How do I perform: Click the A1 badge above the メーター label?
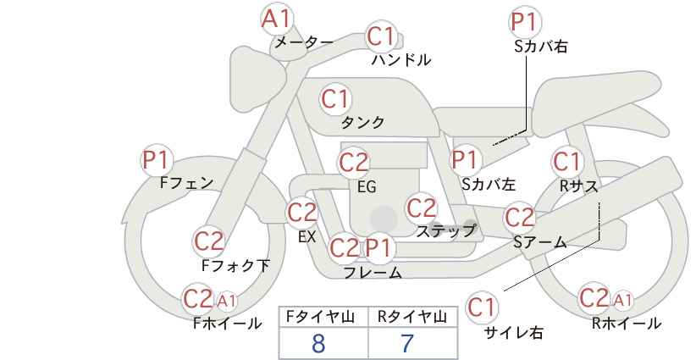[277, 19]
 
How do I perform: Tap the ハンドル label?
[401, 59]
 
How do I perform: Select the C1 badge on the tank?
[335, 99]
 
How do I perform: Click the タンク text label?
[362, 122]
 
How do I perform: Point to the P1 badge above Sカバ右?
[525, 22]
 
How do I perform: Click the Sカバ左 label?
[489, 184]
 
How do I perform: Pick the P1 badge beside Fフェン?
[157, 160]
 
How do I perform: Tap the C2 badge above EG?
[353, 163]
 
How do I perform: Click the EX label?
[307, 236]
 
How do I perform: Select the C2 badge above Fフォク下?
[208, 241]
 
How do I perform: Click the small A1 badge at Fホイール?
[227, 301]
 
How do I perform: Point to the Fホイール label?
[227, 324]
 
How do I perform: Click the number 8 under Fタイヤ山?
[318, 344]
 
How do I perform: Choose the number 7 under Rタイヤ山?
[406, 344]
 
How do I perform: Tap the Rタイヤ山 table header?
[412, 317]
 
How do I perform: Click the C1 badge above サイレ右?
[482, 307]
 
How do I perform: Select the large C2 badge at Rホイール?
[594, 298]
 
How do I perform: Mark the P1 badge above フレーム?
[378, 248]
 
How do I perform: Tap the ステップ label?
[445, 231]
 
